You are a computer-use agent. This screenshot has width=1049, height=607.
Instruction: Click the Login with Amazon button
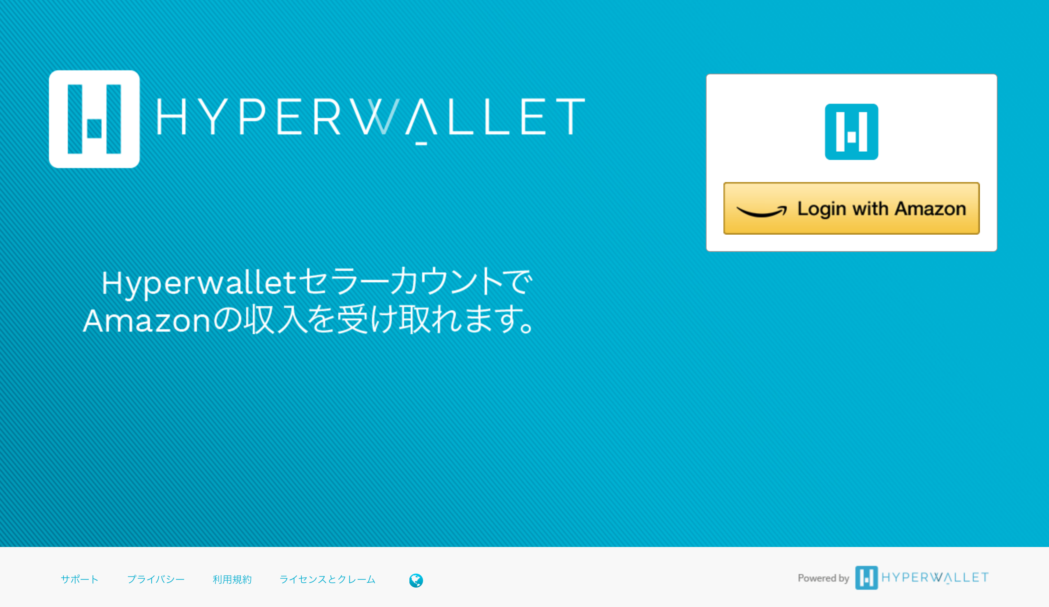click(851, 208)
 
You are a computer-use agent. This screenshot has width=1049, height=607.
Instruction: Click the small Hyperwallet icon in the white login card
click(851, 132)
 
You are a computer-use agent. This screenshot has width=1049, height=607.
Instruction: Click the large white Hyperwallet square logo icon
click(94, 119)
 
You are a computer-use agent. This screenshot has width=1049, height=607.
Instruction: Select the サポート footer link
click(79, 579)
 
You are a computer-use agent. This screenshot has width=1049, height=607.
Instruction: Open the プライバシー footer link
click(156, 579)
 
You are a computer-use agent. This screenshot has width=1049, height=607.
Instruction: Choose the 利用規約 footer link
click(232, 579)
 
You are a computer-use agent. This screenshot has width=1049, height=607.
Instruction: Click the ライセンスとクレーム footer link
click(327, 579)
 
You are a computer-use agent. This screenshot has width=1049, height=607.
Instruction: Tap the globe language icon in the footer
click(416, 580)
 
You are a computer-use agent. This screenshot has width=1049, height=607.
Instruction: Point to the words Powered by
click(823, 578)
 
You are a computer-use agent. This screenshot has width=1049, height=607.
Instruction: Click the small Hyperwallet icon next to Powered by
click(866, 577)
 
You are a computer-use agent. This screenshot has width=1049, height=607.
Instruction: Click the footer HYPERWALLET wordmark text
click(935, 577)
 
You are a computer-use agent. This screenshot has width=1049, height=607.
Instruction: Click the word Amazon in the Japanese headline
click(146, 321)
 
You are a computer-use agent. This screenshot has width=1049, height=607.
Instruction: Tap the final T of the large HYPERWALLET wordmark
click(570, 117)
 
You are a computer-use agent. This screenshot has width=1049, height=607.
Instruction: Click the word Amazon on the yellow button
click(930, 209)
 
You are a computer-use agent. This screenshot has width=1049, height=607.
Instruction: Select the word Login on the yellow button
click(822, 210)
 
